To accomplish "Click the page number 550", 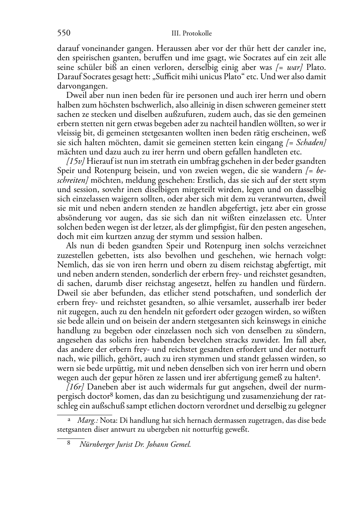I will [x=63, y=33].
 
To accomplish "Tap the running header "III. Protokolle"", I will [x=191, y=34].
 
